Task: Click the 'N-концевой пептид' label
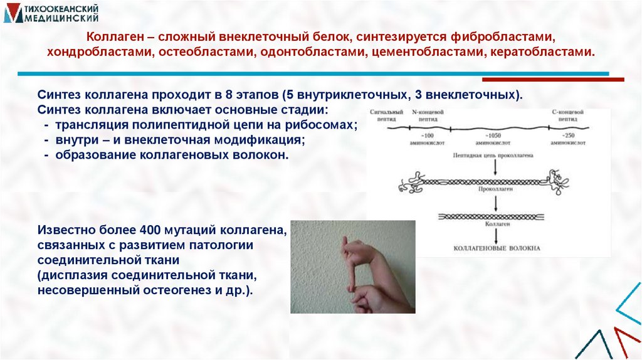(x=428, y=114)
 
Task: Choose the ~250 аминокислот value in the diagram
(x=569, y=139)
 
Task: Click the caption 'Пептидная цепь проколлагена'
(x=496, y=154)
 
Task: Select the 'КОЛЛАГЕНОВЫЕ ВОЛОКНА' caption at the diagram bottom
(x=496, y=249)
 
